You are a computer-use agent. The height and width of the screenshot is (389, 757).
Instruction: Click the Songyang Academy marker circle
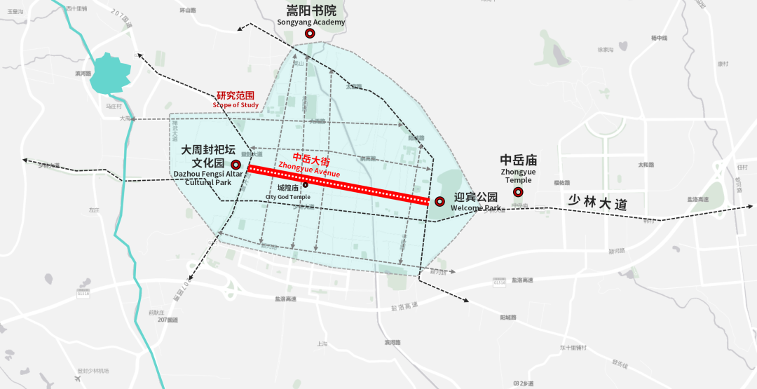click(x=310, y=33)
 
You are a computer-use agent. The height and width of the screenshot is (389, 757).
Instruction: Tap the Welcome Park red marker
click(x=439, y=202)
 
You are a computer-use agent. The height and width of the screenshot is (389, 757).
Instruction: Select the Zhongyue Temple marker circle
click(x=518, y=192)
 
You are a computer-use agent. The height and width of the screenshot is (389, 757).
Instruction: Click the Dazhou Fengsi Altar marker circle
click(x=236, y=164)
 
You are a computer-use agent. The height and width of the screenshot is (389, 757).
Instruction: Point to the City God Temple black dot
click(x=306, y=185)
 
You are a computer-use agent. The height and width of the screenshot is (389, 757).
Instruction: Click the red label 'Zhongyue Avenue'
click(x=309, y=169)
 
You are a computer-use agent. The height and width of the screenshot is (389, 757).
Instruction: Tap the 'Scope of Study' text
click(x=236, y=105)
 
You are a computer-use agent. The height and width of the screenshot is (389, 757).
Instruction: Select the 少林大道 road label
click(x=596, y=203)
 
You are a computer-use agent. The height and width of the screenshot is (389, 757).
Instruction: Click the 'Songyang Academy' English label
click(x=311, y=22)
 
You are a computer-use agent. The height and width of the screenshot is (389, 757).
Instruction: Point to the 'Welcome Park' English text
click(x=476, y=208)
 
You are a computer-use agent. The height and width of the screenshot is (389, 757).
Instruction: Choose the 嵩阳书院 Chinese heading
click(x=311, y=11)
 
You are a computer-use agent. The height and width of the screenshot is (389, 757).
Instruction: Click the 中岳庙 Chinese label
click(x=518, y=161)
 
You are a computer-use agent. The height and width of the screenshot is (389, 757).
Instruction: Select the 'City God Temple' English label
click(x=287, y=197)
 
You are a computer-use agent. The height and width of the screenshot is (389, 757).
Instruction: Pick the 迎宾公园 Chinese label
click(x=476, y=197)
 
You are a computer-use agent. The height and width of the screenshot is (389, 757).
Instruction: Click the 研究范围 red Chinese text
click(x=236, y=95)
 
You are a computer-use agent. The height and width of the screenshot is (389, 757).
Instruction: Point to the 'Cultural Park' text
click(x=208, y=182)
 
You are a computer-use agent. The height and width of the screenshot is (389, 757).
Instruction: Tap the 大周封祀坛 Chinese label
click(x=208, y=150)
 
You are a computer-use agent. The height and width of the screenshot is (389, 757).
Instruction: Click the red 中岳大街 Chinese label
click(x=311, y=158)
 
